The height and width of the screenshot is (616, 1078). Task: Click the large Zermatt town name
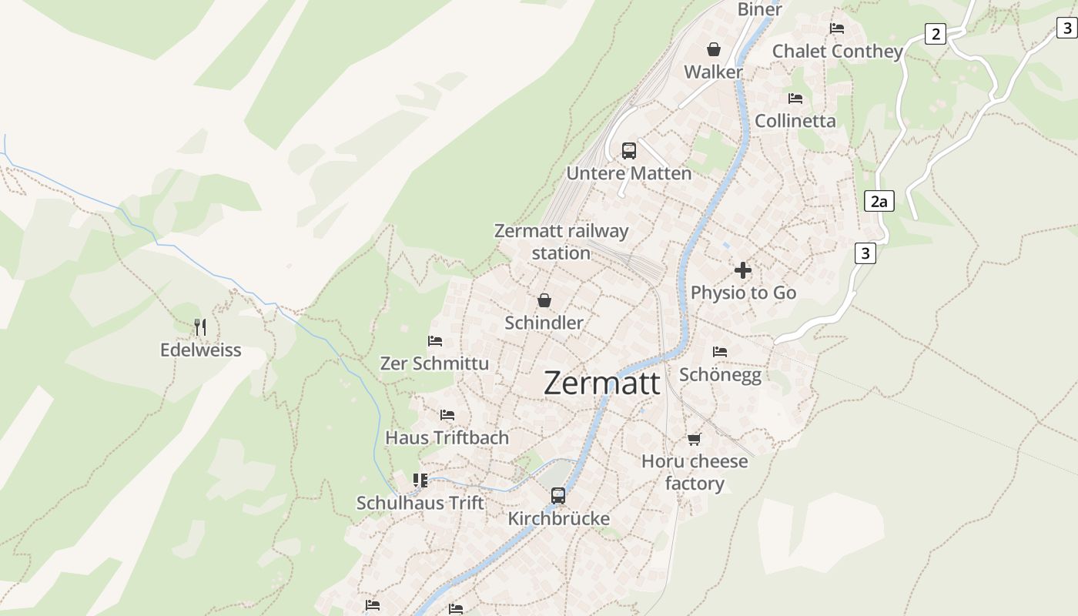click(x=601, y=383)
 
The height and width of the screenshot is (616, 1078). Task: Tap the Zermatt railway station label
click(x=561, y=242)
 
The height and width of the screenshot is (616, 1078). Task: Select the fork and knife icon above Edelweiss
click(x=200, y=327)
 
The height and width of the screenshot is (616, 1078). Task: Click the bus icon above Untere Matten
click(x=629, y=151)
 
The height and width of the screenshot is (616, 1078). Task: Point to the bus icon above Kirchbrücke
click(x=558, y=496)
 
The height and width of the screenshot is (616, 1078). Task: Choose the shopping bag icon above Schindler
click(x=544, y=300)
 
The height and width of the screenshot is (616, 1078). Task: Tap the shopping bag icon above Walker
click(x=714, y=49)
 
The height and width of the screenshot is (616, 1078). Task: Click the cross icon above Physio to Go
click(x=743, y=270)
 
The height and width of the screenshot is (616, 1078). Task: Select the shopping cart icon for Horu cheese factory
click(x=695, y=439)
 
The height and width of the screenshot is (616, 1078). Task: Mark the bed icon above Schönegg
click(x=720, y=352)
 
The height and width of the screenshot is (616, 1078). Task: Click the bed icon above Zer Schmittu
click(x=435, y=341)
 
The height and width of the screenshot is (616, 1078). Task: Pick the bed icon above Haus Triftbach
click(x=447, y=415)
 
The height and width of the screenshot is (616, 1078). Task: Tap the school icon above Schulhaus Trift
click(x=420, y=480)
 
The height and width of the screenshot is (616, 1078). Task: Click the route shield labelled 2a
click(x=879, y=202)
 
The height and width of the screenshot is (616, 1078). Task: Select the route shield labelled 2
click(x=936, y=34)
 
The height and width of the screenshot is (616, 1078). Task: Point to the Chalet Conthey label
click(x=837, y=52)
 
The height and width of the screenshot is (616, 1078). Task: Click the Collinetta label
click(x=795, y=121)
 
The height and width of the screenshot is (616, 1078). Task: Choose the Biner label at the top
click(x=759, y=9)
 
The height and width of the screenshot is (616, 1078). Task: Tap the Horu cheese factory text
click(x=695, y=472)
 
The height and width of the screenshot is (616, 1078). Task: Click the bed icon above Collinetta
click(x=795, y=99)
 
